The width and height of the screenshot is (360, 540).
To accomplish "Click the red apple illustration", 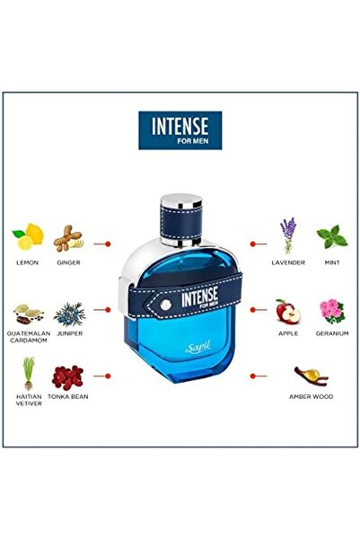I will [x=287, y=311].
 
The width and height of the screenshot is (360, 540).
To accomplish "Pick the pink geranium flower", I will [x=331, y=311].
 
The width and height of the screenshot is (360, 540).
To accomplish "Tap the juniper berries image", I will [x=68, y=313].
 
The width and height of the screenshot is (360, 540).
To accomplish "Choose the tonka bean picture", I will [x=68, y=376].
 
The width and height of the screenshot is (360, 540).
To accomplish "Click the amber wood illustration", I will [x=309, y=374].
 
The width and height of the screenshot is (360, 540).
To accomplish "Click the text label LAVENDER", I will [x=288, y=262].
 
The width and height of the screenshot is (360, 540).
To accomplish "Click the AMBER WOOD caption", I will [x=309, y=395].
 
